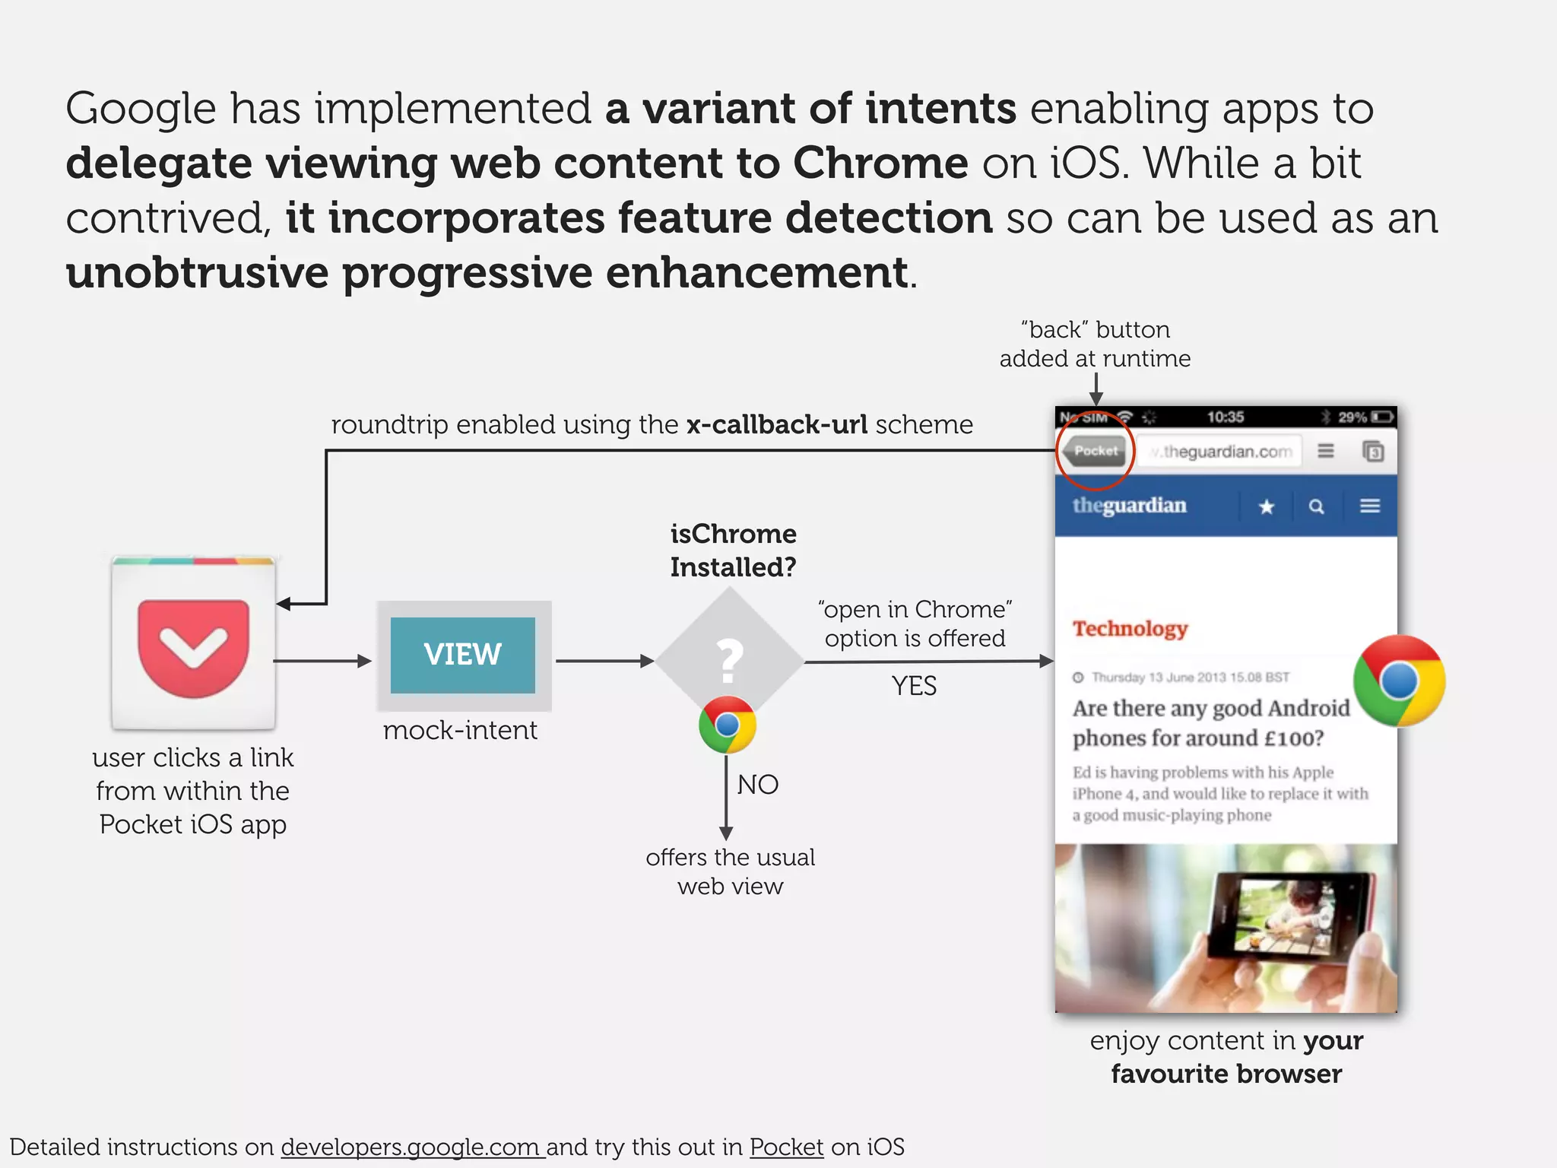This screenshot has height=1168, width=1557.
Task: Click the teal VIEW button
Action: tap(462, 655)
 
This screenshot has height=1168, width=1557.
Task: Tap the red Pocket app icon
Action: tap(193, 645)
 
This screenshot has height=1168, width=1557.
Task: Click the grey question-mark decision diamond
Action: tap(729, 659)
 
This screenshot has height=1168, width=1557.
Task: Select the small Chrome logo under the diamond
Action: tap(728, 725)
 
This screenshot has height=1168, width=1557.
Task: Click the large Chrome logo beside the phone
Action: tap(1399, 681)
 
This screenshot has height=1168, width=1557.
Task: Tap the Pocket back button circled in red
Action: tap(1095, 451)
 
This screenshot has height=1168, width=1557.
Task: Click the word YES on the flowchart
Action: tap(914, 686)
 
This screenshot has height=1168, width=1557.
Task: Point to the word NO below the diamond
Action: tap(757, 785)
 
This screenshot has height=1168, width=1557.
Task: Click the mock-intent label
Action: tap(460, 731)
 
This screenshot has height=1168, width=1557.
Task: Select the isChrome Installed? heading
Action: tap(733, 550)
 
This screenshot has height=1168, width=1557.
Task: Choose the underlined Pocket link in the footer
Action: tap(786, 1147)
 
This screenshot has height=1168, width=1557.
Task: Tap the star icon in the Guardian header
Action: tap(1266, 506)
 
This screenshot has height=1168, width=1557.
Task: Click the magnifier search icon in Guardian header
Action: tap(1317, 506)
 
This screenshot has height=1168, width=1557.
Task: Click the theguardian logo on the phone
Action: tap(1129, 506)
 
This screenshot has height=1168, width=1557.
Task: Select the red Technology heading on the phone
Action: tap(1130, 629)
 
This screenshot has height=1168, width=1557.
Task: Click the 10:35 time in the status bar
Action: tap(1225, 417)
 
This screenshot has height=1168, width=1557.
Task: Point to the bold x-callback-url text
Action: tap(776, 424)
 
